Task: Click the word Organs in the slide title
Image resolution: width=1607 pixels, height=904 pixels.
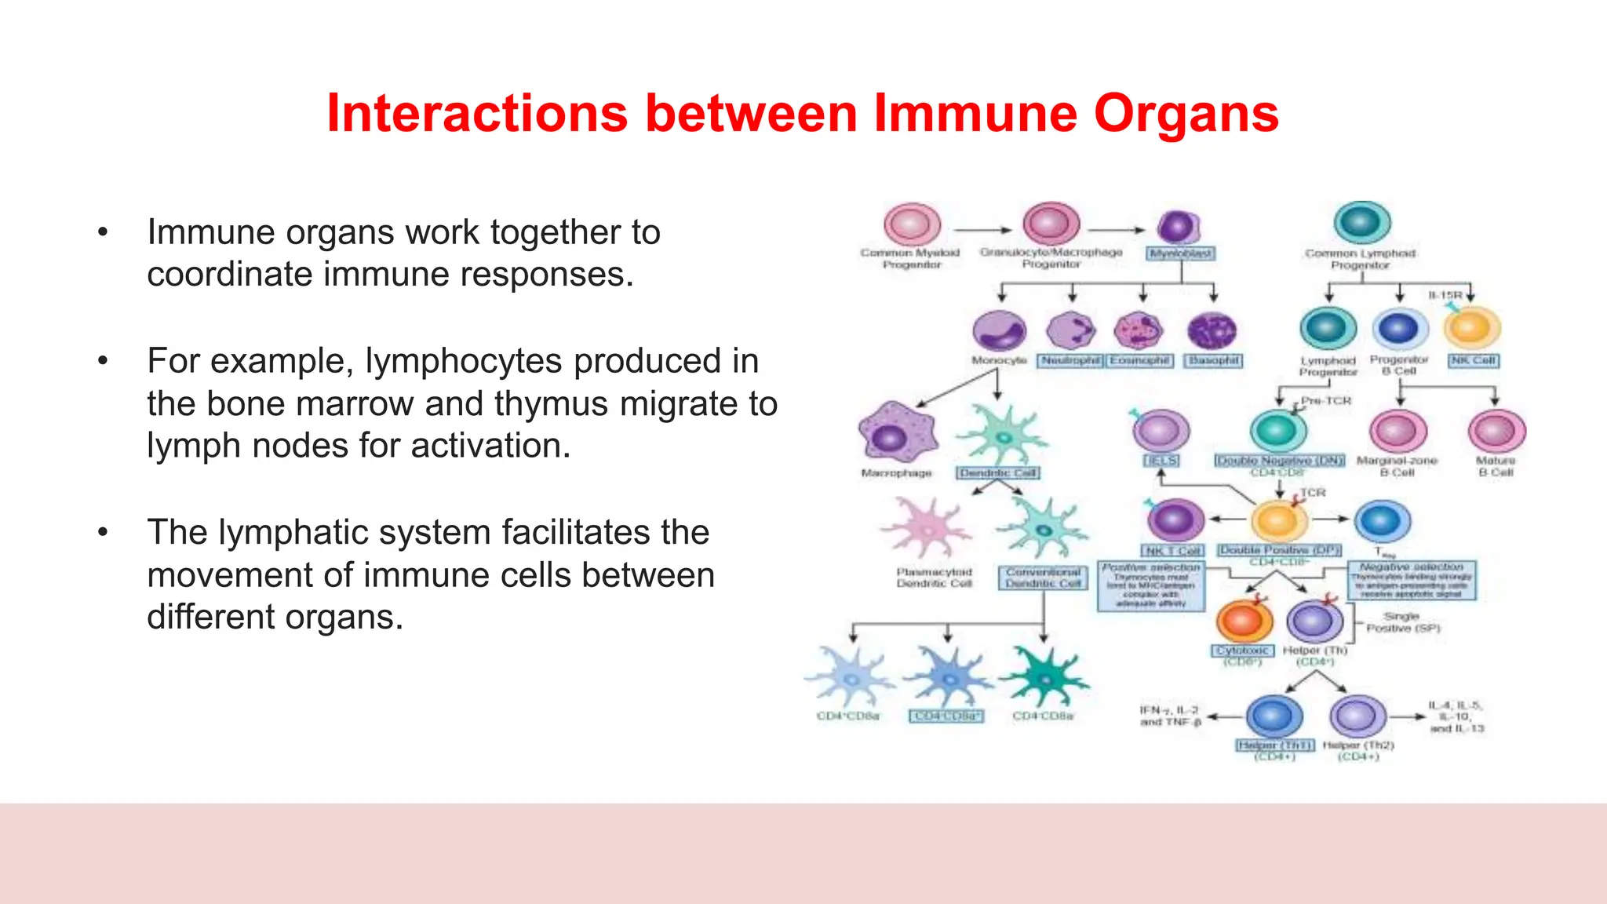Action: click(x=1186, y=113)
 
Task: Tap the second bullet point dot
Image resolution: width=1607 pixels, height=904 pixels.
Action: click(x=103, y=361)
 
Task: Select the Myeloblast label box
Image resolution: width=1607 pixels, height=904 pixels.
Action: click(x=1181, y=253)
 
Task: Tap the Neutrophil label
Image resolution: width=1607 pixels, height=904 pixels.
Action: click(x=1071, y=360)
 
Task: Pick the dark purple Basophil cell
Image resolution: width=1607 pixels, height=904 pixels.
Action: click(x=1212, y=330)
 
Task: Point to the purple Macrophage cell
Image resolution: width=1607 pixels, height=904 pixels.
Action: click(x=897, y=433)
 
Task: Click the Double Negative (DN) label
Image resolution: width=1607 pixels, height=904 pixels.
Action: click(x=1279, y=461)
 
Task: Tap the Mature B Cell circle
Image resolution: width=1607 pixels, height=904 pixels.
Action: click(x=1496, y=431)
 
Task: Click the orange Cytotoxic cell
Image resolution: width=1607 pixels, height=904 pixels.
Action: click(x=1244, y=621)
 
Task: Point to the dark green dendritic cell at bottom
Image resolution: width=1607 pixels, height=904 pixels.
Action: click(x=1044, y=676)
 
